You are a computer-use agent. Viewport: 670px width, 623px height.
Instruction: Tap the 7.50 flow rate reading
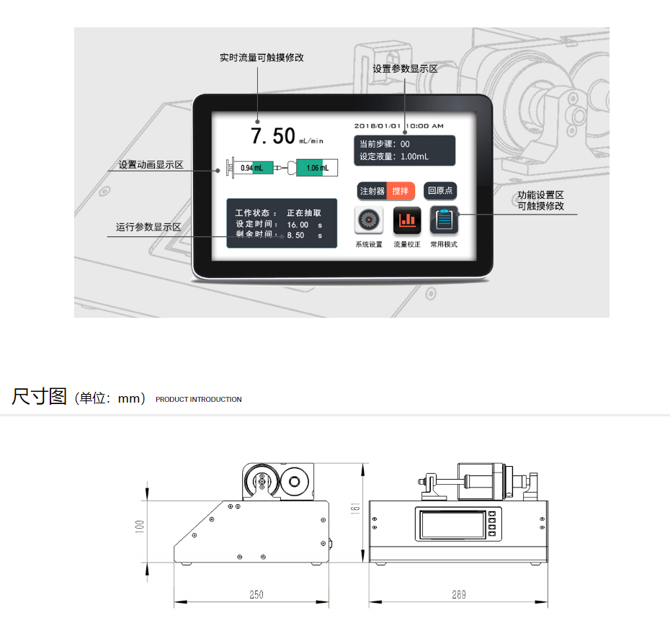point(272,136)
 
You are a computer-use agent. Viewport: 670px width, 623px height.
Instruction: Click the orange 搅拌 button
point(401,191)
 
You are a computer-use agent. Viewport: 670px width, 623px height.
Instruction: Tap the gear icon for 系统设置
point(368,220)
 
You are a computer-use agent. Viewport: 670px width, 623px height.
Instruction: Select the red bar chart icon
point(407,220)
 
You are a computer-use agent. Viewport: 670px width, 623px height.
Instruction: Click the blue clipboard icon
point(444,220)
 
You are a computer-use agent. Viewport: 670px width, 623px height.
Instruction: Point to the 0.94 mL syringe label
point(251,168)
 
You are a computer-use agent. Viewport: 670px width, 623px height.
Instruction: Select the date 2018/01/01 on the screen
point(378,126)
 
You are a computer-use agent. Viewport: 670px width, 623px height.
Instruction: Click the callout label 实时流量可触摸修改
point(262,58)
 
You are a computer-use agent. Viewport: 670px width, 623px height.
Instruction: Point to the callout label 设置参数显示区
point(405,69)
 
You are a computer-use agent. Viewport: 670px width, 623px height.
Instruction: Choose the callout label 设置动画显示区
point(151,164)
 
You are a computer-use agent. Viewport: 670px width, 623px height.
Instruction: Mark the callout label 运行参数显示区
point(148,227)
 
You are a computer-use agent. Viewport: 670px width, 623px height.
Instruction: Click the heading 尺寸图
point(40,397)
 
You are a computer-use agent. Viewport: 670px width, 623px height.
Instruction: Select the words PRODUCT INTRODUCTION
point(199,400)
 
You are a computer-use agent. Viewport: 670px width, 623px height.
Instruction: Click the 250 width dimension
point(256,594)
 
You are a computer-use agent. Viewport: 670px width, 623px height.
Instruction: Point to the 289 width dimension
point(459,594)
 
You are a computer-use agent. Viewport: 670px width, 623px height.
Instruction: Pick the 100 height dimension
point(140,526)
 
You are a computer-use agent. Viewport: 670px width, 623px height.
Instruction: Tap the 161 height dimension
point(355,508)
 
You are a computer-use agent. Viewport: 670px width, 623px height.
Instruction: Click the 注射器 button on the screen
point(372,191)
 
